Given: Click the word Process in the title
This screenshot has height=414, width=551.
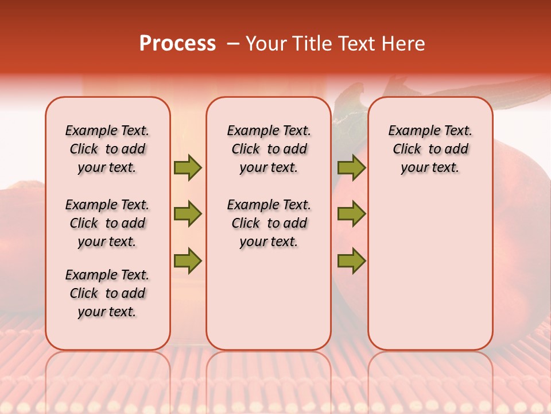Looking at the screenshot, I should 177,44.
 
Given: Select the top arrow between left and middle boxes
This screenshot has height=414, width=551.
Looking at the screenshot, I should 188,167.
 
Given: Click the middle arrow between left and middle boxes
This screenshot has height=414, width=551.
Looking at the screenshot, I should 188,214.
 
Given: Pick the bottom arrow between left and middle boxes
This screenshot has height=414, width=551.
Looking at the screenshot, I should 188,260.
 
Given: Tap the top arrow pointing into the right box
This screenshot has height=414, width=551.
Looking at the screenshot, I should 351,167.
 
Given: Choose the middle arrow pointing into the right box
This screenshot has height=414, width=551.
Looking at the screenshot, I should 351,214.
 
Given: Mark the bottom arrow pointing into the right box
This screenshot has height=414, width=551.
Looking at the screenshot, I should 351,260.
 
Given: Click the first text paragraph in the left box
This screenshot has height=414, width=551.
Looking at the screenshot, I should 107,149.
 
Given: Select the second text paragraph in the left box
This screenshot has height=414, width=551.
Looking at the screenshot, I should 107,223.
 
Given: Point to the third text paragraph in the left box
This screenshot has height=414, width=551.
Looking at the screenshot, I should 107,293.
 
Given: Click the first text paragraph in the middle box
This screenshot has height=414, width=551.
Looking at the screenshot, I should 269,149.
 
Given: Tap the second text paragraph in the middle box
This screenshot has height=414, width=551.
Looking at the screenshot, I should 269,223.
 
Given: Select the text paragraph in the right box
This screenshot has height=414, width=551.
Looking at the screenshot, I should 430,149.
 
